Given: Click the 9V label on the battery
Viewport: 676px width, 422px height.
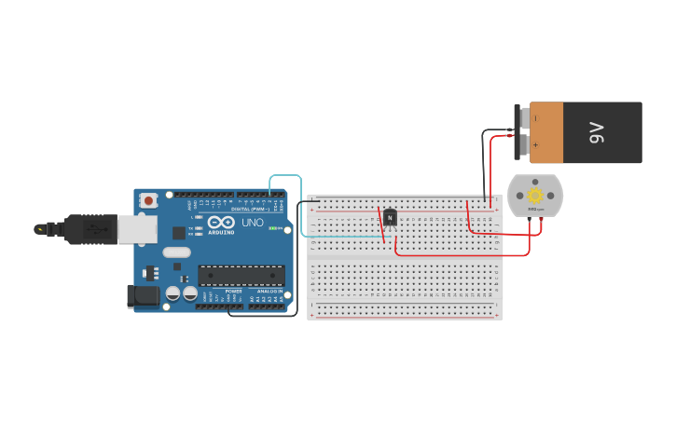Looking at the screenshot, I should tap(598, 132).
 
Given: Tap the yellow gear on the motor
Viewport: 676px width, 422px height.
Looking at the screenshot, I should tap(535, 196).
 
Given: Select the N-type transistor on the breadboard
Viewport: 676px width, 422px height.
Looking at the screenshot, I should tap(390, 218).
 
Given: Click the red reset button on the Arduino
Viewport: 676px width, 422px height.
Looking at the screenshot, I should tap(148, 200).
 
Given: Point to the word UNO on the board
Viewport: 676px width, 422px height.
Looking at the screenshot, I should tap(253, 223).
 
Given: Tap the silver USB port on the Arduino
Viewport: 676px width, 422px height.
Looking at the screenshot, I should tap(137, 229).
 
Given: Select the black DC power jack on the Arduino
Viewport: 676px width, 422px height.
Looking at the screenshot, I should tap(143, 295).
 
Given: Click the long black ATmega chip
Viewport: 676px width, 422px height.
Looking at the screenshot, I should tap(241, 276).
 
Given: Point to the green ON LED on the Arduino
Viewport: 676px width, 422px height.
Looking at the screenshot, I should tap(272, 227).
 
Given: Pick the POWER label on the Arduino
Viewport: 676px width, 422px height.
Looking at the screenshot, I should tap(234, 292).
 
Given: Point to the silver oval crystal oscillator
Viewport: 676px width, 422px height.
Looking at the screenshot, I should tap(176, 252).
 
